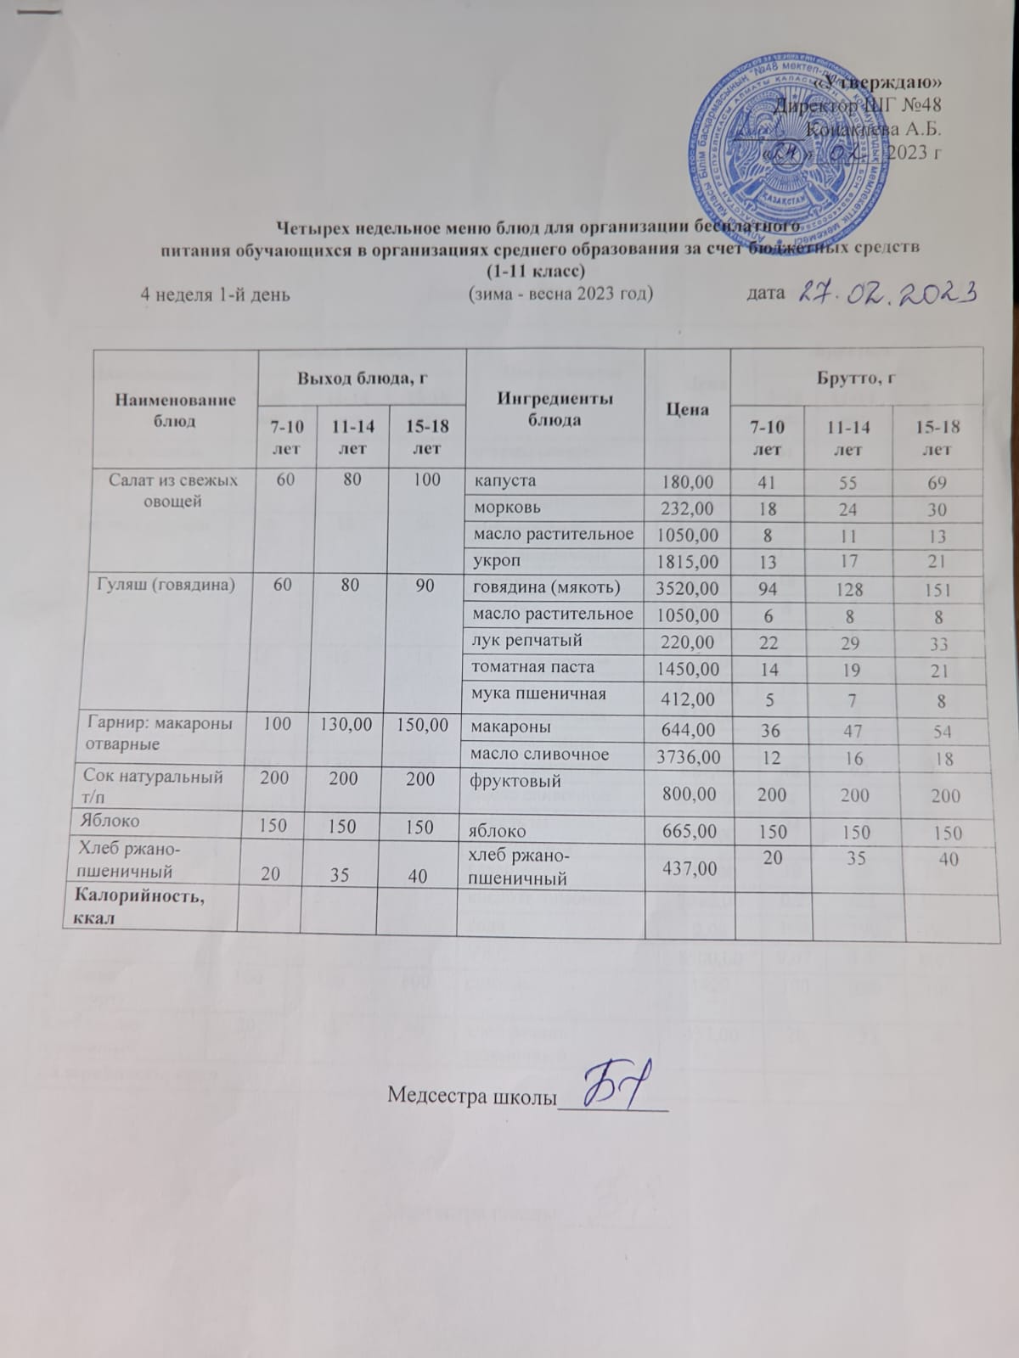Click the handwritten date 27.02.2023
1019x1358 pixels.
(x=887, y=293)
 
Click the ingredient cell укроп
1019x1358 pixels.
(x=496, y=561)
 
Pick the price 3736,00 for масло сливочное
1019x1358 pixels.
(x=688, y=756)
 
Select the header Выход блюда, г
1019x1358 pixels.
(x=355, y=379)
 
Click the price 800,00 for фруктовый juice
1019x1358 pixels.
(x=688, y=795)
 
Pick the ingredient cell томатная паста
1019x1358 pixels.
(x=534, y=666)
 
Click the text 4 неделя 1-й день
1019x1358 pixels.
(x=215, y=295)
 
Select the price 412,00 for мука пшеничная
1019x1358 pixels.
(x=688, y=700)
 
